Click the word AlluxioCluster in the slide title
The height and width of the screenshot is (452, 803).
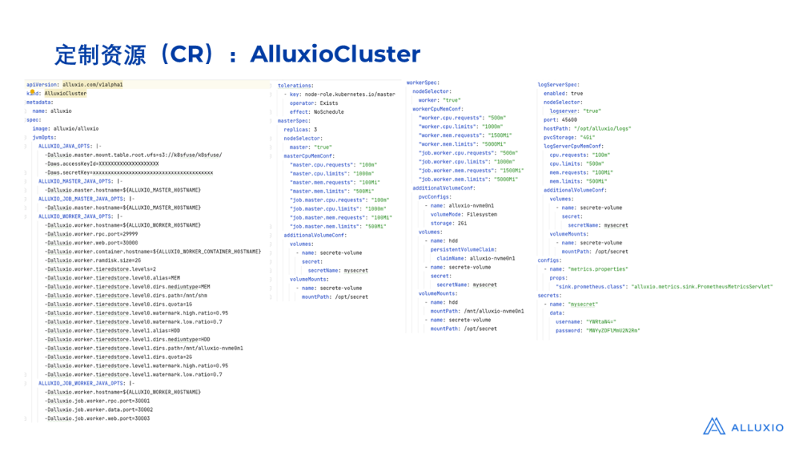335,54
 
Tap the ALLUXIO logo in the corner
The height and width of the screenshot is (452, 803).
743,427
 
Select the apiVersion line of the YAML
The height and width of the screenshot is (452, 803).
74,85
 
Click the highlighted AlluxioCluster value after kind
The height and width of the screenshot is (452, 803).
65,94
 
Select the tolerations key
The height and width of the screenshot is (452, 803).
295,85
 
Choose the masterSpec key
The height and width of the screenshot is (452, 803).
294,120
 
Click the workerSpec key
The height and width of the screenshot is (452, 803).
422,83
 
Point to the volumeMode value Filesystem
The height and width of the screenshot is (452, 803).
477,214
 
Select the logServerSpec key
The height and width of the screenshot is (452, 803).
558,85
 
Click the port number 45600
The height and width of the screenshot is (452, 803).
570,120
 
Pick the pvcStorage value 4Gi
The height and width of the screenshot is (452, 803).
586,138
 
